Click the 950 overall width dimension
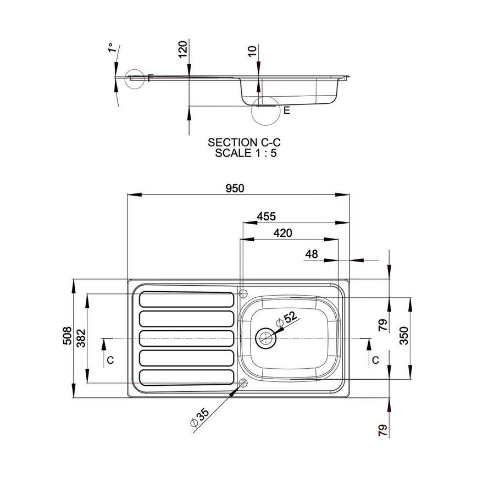pos(234,188)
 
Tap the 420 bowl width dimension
pos(282,233)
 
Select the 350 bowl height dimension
pos(403,335)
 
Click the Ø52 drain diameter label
pos(286,319)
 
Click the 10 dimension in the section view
pos(252,51)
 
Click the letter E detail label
pos(286,110)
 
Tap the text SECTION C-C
pos(240,142)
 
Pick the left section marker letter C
pos(110,360)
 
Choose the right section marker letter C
pos(375,360)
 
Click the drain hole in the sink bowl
pos(266,337)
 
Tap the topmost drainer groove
pos(187,299)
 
